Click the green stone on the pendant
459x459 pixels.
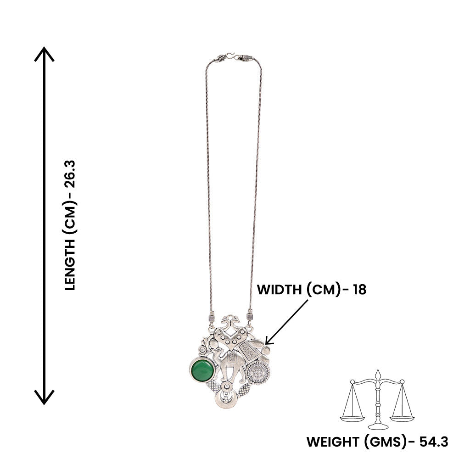[x=202, y=370]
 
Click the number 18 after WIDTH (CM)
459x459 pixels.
[x=360, y=290]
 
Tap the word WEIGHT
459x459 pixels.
[x=332, y=442]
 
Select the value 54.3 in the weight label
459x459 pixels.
[x=434, y=442]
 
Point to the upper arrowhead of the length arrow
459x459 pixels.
[x=44, y=53]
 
